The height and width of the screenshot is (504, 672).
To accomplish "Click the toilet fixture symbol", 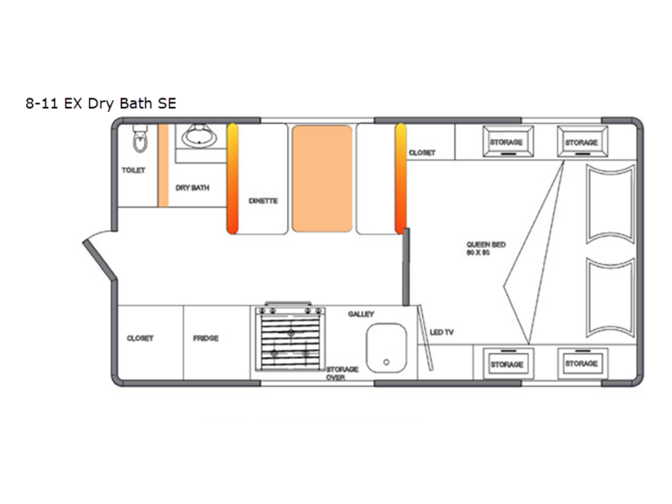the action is click(x=140, y=139).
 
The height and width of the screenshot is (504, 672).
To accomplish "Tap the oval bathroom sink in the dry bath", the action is click(x=200, y=136).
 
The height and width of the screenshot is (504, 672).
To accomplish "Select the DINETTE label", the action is click(x=263, y=201).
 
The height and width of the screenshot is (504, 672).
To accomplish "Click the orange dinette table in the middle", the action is click(x=323, y=179).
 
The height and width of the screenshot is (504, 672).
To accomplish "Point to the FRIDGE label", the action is click(x=206, y=339).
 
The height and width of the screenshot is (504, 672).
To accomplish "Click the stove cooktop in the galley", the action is click(x=291, y=339).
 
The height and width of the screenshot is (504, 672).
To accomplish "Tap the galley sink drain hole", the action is click(x=386, y=362).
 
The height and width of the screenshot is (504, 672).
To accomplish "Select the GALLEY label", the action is click(x=361, y=314).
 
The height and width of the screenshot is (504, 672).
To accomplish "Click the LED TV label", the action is click(x=442, y=332).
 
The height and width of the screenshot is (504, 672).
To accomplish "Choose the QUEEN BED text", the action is click(x=486, y=244).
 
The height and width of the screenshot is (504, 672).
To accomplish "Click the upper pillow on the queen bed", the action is click(x=611, y=204).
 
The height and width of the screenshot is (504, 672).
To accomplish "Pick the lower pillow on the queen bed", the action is click(x=611, y=297).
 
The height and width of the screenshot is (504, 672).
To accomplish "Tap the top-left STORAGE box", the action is click(x=508, y=141).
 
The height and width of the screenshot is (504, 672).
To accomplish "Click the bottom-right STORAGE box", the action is click(x=582, y=364).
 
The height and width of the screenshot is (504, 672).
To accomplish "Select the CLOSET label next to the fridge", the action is click(x=140, y=339).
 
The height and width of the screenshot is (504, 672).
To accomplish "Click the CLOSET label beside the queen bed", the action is click(x=423, y=153).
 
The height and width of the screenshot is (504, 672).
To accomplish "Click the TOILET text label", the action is click(x=134, y=171).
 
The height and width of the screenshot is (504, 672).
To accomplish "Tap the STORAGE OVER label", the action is click(x=342, y=373).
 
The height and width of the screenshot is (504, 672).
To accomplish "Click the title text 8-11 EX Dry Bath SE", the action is click(x=101, y=103).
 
